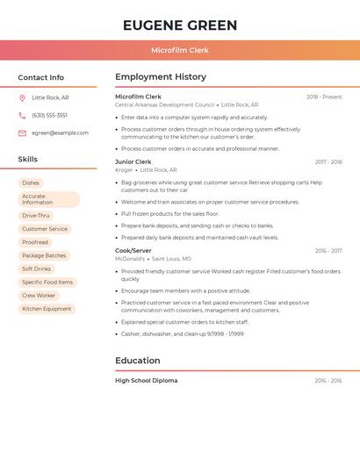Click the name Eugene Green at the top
tap(180, 24)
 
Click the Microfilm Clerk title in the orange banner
tap(180, 51)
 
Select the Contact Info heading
tap(40, 77)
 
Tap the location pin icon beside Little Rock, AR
tap(22, 98)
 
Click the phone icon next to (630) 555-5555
tap(22, 115)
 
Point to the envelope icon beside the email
tap(22, 133)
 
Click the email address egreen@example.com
tap(60, 133)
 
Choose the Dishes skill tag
tap(31, 183)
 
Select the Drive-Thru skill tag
tap(36, 215)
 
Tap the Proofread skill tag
tap(35, 242)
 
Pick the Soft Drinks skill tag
tap(37, 268)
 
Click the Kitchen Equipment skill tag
tap(47, 309)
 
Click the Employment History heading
tap(161, 77)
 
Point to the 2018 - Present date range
tap(324, 97)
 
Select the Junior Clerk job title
tap(133, 162)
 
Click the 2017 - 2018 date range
tap(328, 162)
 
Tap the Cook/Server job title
tap(133, 251)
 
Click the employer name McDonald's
tap(130, 259)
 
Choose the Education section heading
tap(138, 361)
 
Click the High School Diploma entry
tap(146, 381)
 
